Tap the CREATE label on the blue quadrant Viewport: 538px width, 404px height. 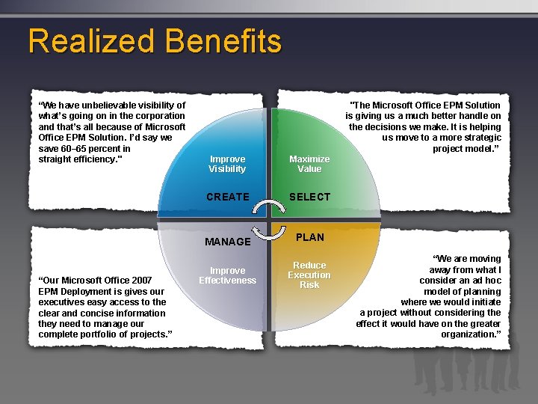(x=227, y=197)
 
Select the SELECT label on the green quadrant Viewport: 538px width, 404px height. (x=309, y=197)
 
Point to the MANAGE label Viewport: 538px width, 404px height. (x=227, y=242)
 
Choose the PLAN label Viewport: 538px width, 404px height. (x=310, y=237)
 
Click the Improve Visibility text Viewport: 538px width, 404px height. (x=227, y=164)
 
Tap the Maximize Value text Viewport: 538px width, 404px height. (x=309, y=164)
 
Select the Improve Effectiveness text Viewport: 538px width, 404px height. (x=227, y=275)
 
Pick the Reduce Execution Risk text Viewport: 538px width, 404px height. (x=309, y=275)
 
